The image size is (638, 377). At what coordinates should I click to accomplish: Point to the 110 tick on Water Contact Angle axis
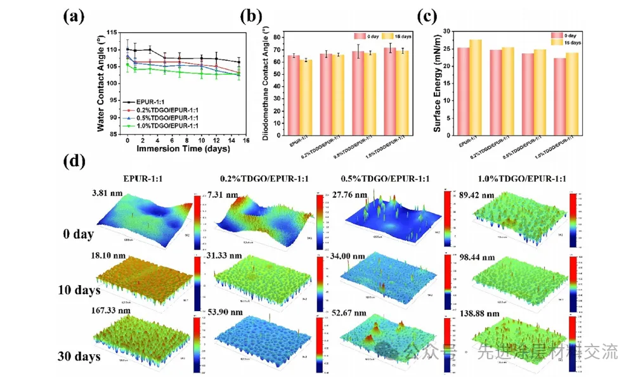[115, 49]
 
